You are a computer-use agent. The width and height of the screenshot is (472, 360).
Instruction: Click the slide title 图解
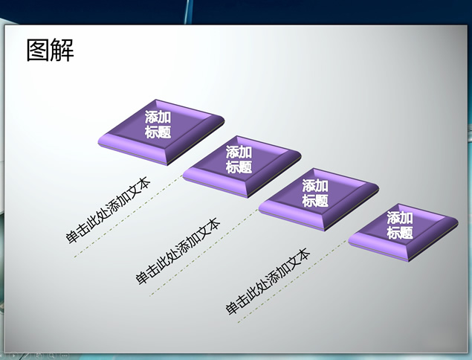pyautogui.click(x=51, y=51)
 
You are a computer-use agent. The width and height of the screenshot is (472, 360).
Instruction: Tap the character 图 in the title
pyautogui.click(x=38, y=51)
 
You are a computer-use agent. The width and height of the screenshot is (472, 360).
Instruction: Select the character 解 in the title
pyautogui.click(x=62, y=51)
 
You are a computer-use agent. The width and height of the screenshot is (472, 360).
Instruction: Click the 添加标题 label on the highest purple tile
pyautogui.click(x=158, y=124)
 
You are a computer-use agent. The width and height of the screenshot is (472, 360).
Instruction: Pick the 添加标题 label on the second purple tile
pyautogui.click(x=239, y=159)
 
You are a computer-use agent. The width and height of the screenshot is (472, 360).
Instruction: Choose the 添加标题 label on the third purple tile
pyautogui.click(x=315, y=193)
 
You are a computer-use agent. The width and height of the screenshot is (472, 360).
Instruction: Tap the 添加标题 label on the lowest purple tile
pyautogui.click(x=400, y=225)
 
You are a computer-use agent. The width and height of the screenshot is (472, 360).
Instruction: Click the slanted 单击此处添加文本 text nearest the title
pyautogui.click(x=108, y=210)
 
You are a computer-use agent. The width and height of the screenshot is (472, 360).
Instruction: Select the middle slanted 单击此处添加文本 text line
pyautogui.click(x=178, y=251)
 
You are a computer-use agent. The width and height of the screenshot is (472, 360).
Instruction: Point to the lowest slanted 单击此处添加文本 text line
pyautogui.click(x=268, y=282)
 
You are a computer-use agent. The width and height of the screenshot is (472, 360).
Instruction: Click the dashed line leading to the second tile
pyautogui.click(x=129, y=216)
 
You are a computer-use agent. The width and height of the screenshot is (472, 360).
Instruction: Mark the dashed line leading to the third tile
pyautogui.click(x=204, y=252)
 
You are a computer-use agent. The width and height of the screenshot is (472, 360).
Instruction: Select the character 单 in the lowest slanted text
pyautogui.click(x=233, y=309)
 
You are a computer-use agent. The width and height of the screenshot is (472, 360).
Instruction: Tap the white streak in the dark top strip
pyautogui.click(x=189, y=11)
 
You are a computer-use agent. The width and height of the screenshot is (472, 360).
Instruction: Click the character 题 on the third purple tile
pyautogui.click(x=322, y=201)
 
